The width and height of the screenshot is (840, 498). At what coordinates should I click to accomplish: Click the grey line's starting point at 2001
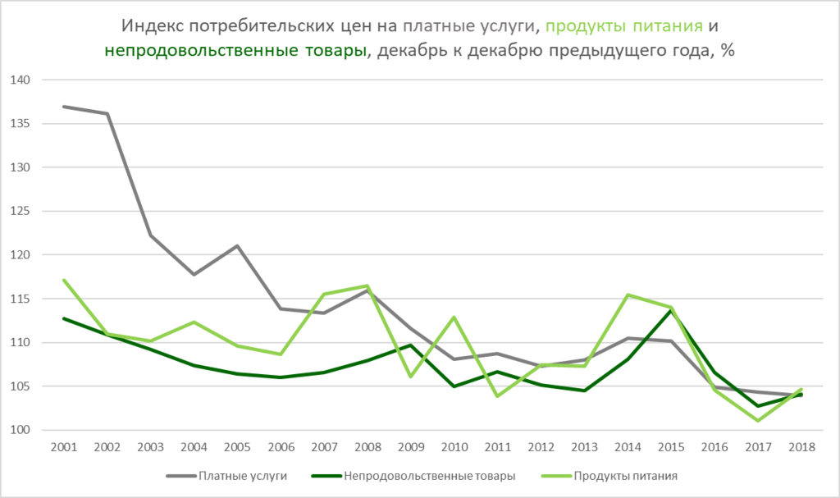[x=63, y=107]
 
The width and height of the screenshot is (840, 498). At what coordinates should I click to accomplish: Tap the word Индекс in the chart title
[x=150, y=25]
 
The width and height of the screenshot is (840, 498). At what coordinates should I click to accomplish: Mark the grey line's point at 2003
[x=151, y=235]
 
